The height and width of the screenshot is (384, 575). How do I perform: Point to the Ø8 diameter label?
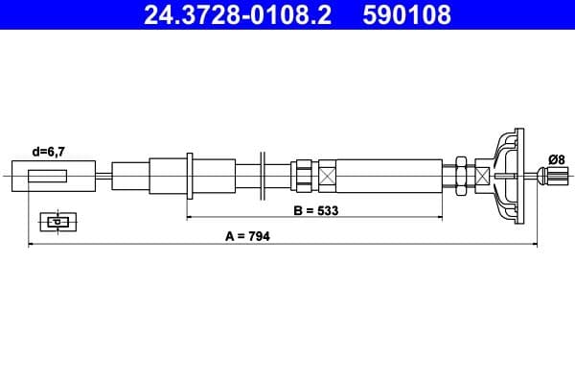555,158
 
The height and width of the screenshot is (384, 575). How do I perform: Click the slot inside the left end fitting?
48,176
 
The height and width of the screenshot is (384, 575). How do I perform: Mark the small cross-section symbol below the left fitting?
58,222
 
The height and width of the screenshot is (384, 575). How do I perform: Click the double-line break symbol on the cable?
262,175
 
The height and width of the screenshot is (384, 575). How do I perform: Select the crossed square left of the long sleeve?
328,176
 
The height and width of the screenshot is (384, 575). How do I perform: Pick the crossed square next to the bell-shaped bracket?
482,175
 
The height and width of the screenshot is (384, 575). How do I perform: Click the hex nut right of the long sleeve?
461,175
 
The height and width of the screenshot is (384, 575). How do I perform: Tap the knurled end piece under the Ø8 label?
553,176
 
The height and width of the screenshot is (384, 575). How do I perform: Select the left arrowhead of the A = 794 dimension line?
32,246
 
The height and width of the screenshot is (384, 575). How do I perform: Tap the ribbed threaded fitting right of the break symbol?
304,175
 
